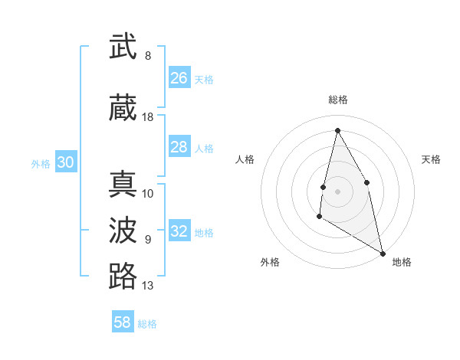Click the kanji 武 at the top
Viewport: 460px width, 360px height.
[x=123, y=47]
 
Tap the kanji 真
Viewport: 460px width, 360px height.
[x=123, y=185]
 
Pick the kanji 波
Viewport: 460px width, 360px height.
[x=123, y=230]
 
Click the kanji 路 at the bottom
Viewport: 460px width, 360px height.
[x=123, y=276]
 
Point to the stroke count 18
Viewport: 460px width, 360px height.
[x=148, y=117]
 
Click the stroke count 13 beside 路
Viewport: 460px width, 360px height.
[x=148, y=286]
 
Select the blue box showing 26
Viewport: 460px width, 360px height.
[x=179, y=78]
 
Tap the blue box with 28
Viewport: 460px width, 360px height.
[x=179, y=147]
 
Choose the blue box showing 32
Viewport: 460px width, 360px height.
[x=179, y=231]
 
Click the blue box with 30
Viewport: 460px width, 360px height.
[x=66, y=162]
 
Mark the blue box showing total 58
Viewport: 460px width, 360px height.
[x=123, y=322]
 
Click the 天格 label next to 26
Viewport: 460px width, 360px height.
[x=204, y=80]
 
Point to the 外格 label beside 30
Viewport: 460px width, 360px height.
[x=41, y=164]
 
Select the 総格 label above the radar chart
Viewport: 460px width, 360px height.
[x=337, y=100]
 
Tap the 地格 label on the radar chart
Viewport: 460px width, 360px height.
[x=402, y=262]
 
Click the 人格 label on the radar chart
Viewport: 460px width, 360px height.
[x=245, y=159]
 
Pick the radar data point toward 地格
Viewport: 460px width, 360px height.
[x=383, y=253]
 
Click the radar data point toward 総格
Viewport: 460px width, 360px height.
[x=337, y=129]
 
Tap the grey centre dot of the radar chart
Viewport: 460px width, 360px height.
[x=337, y=191]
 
